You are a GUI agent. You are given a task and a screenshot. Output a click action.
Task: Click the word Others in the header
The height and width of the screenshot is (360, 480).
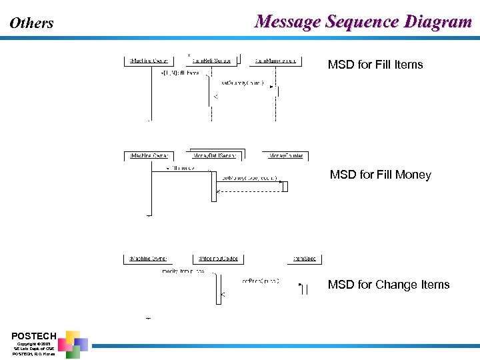pos(31,23)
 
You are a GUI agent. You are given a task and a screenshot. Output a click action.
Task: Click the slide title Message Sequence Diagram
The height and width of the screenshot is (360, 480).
pos(363,22)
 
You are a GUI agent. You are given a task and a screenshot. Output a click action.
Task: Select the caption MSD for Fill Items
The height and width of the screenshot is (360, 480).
pos(375,65)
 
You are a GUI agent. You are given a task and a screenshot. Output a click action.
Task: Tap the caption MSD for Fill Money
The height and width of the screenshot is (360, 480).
pos(380,175)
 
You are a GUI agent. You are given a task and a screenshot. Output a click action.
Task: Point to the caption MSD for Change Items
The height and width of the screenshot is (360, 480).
pos(389,285)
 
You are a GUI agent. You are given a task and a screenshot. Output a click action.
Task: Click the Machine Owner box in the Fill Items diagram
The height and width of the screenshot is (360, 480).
pos(149,61)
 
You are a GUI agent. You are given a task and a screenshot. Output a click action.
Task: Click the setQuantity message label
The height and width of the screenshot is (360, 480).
pos(241,83)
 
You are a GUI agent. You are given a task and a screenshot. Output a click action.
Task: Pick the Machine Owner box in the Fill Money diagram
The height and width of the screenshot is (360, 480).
pos(149,156)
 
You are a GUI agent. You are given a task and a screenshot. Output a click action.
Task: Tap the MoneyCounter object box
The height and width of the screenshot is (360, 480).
pos(285,156)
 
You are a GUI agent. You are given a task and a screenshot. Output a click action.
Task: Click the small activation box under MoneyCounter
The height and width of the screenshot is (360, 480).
pos(285,187)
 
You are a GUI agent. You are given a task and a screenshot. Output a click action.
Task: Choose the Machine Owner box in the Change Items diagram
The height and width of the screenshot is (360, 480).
pos(149,259)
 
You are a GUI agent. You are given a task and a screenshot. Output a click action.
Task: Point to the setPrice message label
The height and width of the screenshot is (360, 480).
pos(260,281)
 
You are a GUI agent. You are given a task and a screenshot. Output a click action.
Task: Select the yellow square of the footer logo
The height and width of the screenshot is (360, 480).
pos(73,336)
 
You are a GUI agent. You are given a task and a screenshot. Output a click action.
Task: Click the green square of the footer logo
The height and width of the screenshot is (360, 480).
pos(73,352)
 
